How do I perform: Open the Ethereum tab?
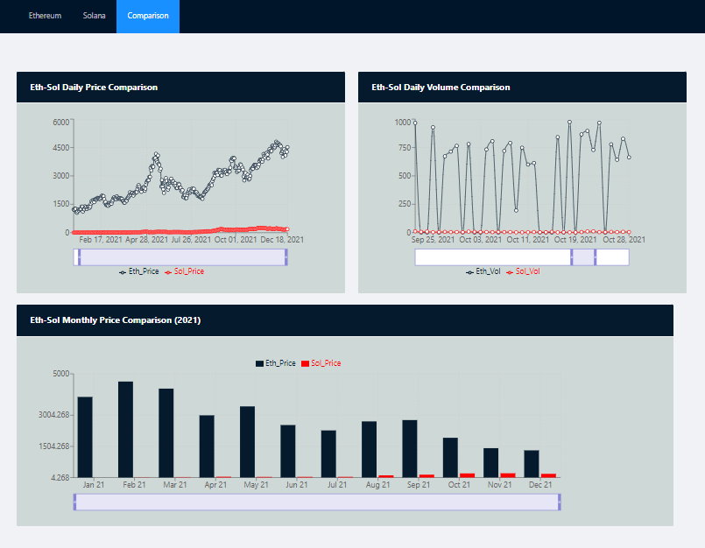tap(45, 16)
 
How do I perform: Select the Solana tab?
tap(94, 16)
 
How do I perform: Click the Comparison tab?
tap(147, 16)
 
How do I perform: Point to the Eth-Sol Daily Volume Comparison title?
tap(441, 88)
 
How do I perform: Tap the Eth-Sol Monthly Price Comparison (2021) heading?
tap(116, 320)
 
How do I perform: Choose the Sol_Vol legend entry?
tap(527, 271)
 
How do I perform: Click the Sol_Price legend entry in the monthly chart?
tap(325, 362)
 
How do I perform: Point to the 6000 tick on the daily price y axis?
tap(60, 122)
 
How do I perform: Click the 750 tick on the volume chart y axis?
tap(403, 148)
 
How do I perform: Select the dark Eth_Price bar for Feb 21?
tap(125, 429)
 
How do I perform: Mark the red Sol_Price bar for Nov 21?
tap(508, 474)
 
